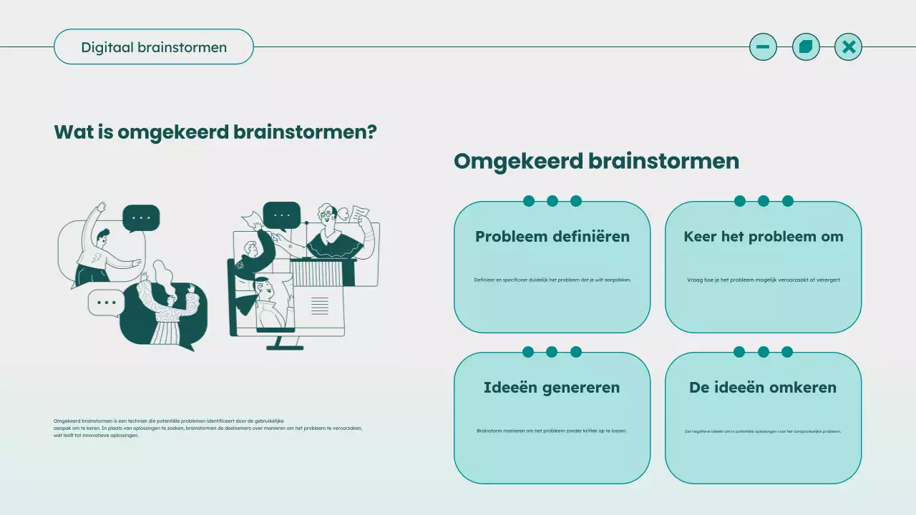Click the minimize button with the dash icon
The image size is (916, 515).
[763, 47]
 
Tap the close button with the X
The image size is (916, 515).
[848, 47]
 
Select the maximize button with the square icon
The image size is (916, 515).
[806, 47]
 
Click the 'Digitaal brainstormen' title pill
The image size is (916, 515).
[154, 47]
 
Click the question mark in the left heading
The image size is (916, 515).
[371, 132]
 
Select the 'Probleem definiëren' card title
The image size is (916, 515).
[552, 237]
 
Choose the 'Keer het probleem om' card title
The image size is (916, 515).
[763, 237]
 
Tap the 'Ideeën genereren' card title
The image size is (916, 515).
[552, 388]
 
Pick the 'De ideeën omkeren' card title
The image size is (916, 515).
[763, 388]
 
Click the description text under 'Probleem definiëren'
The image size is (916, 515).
[552, 280]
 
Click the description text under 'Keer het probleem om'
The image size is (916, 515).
[763, 280]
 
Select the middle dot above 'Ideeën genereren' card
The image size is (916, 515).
[552, 352]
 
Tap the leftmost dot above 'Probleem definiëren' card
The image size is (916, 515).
[528, 201]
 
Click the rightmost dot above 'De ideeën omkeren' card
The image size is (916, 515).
[787, 352]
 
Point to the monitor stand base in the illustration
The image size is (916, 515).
[285, 348]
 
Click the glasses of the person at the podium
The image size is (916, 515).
[327, 212]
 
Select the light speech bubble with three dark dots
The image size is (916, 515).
[106, 303]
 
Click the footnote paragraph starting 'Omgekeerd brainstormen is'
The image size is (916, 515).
[208, 428]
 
